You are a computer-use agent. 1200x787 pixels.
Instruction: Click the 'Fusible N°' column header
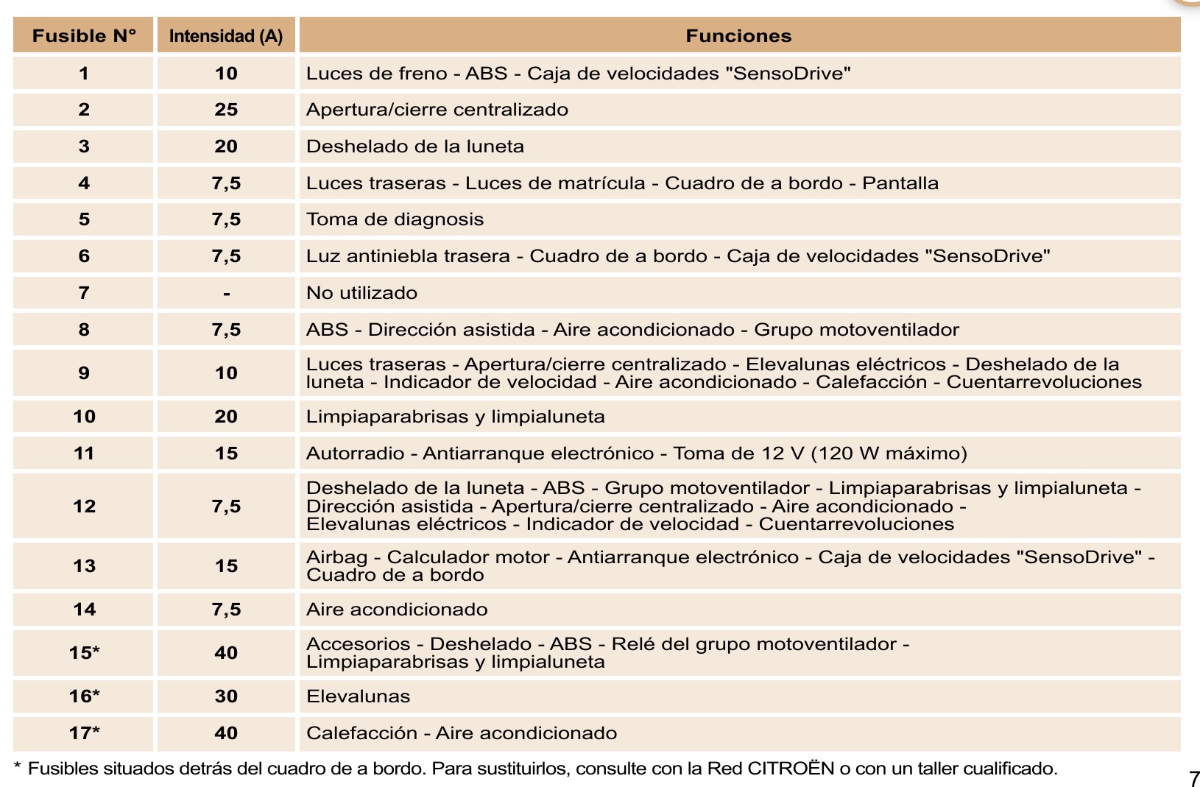(84, 36)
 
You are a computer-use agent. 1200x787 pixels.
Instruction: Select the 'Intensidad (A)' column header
(226, 36)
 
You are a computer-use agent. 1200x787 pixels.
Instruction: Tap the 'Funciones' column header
(738, 36)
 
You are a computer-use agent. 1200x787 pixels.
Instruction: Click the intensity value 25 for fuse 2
(226, 110)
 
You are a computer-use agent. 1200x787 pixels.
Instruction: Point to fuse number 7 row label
(84, 293)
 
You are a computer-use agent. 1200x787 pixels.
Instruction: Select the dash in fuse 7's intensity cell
(227, 294)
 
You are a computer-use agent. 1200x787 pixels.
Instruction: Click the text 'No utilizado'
(361, 293)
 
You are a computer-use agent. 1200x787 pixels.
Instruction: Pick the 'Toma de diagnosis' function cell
(395, 219)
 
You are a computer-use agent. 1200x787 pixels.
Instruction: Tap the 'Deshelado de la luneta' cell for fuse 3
(415, 147)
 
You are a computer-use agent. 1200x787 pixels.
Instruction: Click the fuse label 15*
(84, 653)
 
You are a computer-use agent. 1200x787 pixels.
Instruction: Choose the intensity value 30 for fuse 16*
(226, 696)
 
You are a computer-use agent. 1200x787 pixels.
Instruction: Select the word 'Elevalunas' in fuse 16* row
(358, 696)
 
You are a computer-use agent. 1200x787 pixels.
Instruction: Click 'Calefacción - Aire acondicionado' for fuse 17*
(462, 733)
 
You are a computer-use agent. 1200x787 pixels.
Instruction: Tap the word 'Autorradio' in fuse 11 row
(355, 454)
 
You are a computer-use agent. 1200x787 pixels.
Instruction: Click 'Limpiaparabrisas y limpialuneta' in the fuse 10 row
(455, 417)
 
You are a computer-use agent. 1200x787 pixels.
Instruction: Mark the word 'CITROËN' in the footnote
(791, 769)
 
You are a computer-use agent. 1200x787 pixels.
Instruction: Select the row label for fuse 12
(84, 507)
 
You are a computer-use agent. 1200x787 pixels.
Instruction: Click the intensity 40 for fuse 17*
(226, 733)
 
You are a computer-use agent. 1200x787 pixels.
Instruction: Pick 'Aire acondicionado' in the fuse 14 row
(397, 610)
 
